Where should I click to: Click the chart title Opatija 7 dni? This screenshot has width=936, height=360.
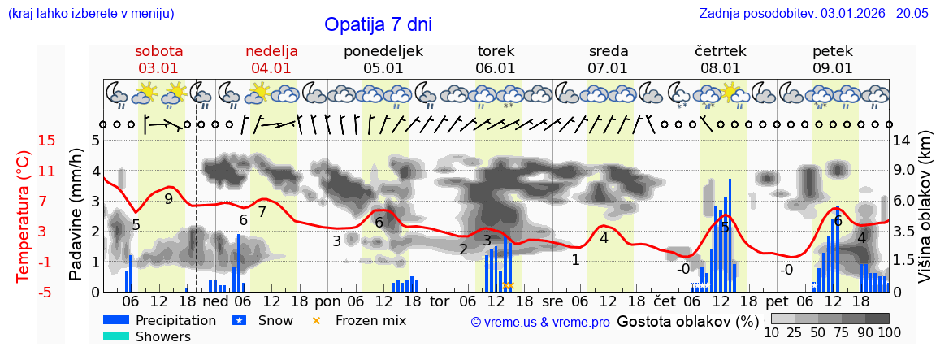coord(378,24)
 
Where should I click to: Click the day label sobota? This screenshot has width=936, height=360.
coord(159,51)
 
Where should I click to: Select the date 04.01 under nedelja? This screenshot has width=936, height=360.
coord(271,68)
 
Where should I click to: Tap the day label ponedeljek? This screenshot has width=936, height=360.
coord(383,51)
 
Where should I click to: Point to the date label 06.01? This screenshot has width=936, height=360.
coord(496,68)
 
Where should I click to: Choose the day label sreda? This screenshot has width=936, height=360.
coord(609,51)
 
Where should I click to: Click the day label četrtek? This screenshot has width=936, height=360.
coord(721,51)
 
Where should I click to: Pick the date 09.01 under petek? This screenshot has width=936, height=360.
coord(833,68)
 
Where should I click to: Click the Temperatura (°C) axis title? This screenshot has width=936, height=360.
coord(24,216)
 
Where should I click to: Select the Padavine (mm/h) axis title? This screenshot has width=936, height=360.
coord(77,215)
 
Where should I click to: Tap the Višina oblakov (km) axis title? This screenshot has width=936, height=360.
coord(925,216)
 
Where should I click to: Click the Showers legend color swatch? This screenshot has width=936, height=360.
coord(116,336)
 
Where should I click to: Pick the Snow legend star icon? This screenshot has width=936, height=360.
coord(239,320)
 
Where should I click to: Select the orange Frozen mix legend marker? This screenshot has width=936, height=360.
coord(317,320)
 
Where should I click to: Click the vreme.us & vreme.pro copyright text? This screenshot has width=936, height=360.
coord(540,322)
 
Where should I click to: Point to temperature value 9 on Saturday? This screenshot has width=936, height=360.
coord(168,198)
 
